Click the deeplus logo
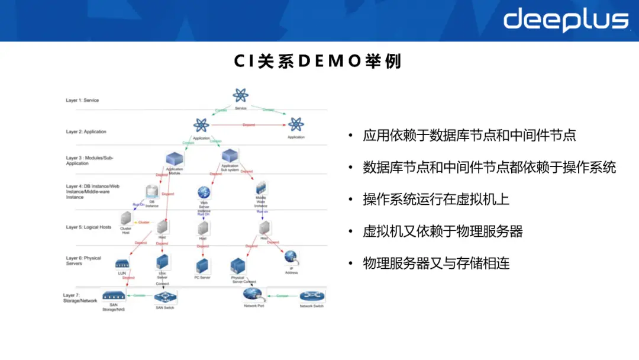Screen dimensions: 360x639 (566, 20)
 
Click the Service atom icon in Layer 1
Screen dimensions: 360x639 (240, 95)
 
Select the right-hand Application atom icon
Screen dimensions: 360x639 (296, 124)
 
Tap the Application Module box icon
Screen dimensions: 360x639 (175, 159)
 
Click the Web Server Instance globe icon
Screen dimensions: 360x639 (204, 192)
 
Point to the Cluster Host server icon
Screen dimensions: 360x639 (125, 218)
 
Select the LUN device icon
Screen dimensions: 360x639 (122, 263)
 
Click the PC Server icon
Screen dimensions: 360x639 (202, 265)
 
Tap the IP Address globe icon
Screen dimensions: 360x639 (291, 257)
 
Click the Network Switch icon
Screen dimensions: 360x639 (311, 296)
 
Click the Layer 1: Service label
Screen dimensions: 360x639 (82, 101)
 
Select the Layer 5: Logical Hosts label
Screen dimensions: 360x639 (89, 227)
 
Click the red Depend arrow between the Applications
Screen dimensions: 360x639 (248, 125)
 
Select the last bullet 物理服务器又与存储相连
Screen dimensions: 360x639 (436, 263)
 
